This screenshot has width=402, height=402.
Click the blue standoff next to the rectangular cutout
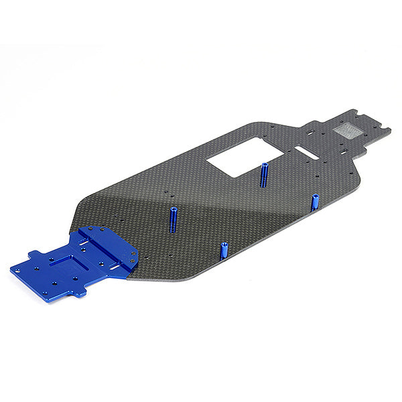click(265, 174)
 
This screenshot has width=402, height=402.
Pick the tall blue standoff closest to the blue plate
click(172, 220)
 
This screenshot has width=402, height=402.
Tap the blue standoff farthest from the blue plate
click(315, 202)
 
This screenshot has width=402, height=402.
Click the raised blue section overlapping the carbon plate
click(107, 247)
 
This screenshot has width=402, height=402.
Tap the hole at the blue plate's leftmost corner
click(17, 271)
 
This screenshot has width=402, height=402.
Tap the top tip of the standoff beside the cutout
click(265, 164)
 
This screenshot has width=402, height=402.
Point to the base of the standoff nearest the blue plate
click(173, 230)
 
